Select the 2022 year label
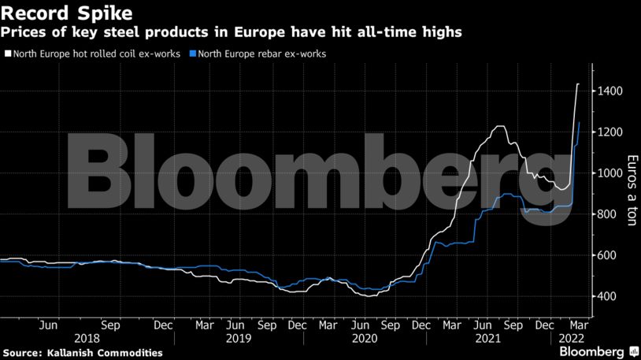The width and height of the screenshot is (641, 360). click(x=569, y=338)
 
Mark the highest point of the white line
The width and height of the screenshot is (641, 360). click(x=579, y=84)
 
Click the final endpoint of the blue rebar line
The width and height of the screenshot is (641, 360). click(x=580, y=122)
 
